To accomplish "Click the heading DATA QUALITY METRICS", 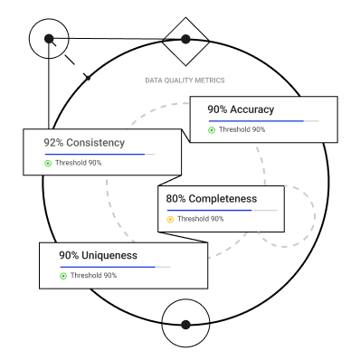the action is [x=185, y=81].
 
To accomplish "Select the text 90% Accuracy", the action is [x=241, y=109].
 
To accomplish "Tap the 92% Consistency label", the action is [x=84, y=143].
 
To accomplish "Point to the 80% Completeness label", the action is [x=212, y=199].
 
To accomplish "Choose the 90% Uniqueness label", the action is [x=99, y=255].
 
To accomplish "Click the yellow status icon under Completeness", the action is [x=170, y=219].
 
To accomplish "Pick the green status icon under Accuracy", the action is [x=212, y=130].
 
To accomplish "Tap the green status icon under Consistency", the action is [x=48, y=163].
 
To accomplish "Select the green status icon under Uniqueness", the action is [x=63, y=276].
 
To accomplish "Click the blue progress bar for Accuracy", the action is [x=256, y=121].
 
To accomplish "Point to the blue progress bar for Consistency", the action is [x=95, y=155].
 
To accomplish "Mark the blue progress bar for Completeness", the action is [x=209, y=210].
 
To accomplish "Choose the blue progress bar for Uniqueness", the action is [x=108, y=267].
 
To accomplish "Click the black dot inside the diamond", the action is [x=185, y=39].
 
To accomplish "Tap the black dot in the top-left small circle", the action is [x=49, y=39].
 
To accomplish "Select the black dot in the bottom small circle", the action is [x=185, y=325].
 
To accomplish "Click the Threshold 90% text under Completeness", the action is [x=201, y=219].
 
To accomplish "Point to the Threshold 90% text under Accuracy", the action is [x=242, y=129].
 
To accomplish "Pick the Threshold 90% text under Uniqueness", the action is [x=93, y=275].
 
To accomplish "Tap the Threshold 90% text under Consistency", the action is [x=79, y=163].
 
